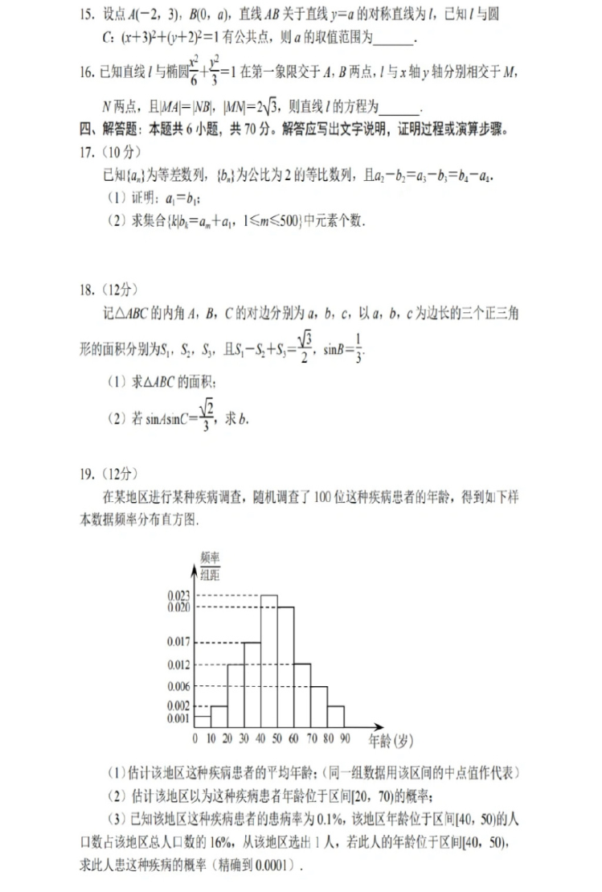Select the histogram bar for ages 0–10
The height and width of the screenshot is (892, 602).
pyautogui.click(x=203, y=721)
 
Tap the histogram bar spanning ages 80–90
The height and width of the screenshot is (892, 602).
pyautogui.click(x=336, y=717)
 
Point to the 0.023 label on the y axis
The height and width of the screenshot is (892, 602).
pyautogui.click(x=178, y=595)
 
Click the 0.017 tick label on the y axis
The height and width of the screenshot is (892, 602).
pyautogui.click(x=178, y=642)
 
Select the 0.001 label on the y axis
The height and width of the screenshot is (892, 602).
pyautogui.click(x=178, y=717)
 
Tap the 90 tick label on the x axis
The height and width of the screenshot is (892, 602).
pyautogui.click(x=345, y=738)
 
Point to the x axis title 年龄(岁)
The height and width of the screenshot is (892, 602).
pyautogui.click(x=391, y=739)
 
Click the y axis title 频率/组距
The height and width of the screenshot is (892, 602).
pyautogui.click(x=210, y=565)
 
